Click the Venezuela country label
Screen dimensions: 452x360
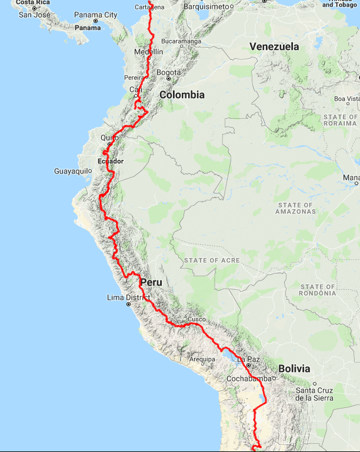pos(274,46)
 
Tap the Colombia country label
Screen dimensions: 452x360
pos(182,95)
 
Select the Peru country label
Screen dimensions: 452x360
pos(151,283)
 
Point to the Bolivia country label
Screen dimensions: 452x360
pos(294,369)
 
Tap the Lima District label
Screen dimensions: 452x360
pos(129,298)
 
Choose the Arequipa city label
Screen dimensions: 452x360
pos(206,359)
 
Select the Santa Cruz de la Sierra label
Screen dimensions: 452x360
pos(314,394)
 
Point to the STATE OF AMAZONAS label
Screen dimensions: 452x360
pos(295,208)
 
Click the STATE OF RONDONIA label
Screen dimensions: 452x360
pos(317,290)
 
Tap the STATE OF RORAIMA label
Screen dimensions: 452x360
pos(339,120)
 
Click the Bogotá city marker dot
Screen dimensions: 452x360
pos(168,78)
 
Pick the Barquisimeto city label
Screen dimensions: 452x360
pos(205,6)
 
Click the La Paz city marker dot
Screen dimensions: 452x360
pos(249,366)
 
